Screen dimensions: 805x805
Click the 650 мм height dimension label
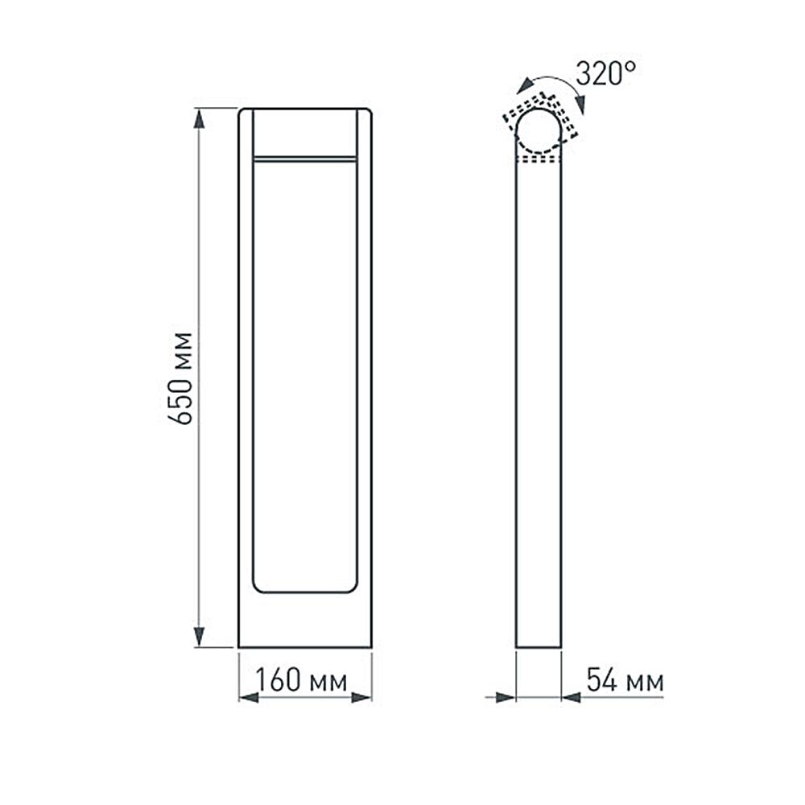(x=185, y=378)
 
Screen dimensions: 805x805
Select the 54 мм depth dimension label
(x=625, y=681)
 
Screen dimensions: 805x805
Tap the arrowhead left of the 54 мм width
(x=505, y=697)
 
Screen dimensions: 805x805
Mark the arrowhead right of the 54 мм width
(x=572, y=697)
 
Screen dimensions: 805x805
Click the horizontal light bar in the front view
(x=304, y=159)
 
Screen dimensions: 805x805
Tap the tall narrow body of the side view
(x=538, y=402)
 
